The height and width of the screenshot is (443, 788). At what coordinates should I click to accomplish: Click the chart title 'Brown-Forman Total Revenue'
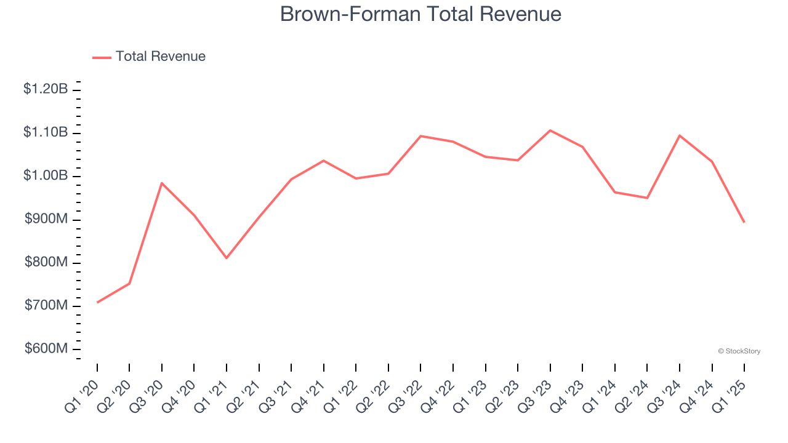(420, 14)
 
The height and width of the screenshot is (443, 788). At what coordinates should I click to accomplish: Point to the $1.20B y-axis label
(46, 89)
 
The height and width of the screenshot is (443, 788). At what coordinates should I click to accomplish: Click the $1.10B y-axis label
(46, 132)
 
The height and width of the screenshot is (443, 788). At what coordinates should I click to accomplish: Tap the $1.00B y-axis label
(46, 176)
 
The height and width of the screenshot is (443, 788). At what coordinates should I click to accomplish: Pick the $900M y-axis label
(46, 219)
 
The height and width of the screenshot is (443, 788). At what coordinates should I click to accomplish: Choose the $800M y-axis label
(46, 263)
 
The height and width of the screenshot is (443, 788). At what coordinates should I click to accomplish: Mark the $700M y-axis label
(46, 306)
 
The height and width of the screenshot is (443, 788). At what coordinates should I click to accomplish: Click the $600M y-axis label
(46, 349)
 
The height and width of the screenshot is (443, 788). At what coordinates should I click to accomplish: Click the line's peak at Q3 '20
(162, 183)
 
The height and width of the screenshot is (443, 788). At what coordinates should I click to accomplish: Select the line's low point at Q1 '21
(227, 258)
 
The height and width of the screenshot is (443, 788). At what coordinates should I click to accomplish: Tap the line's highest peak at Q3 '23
(550, 130)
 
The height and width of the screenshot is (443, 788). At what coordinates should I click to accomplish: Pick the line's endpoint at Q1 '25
(744, 222)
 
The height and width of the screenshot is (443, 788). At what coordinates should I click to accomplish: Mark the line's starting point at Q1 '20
(97, 302)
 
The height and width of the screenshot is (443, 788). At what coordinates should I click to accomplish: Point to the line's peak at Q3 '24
(679, 135)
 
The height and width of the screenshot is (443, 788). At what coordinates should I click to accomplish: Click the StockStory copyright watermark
(739, 351)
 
